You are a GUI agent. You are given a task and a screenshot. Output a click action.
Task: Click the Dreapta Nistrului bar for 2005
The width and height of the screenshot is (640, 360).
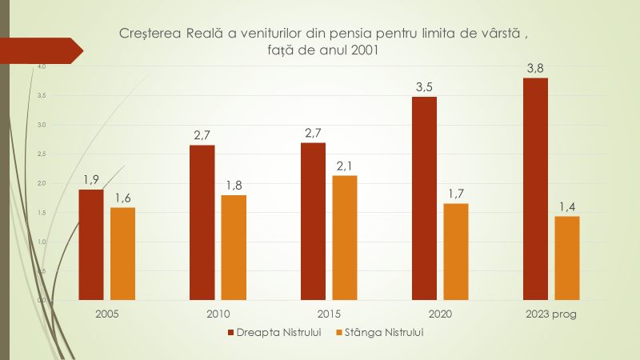pos(91,245)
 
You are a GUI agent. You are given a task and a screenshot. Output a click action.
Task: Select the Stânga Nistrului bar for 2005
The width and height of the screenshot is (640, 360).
pos(122,254)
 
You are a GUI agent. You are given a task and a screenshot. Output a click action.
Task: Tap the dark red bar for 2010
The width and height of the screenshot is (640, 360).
pos(202,222)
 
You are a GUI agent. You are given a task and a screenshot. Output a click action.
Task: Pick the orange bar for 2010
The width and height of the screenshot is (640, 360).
pos(234,247)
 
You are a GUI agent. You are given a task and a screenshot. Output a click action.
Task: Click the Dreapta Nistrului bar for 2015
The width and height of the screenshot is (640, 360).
pos(314,222)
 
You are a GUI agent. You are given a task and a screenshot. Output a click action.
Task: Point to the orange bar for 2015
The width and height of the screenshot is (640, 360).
pos(345,238)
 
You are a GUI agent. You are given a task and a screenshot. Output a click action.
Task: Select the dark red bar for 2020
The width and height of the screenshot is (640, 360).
pos(425,198)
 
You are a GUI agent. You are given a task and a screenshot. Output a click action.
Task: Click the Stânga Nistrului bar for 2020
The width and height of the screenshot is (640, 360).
pos(456,251)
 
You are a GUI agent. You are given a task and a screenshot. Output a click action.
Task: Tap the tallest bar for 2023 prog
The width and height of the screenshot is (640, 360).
pos(535,189)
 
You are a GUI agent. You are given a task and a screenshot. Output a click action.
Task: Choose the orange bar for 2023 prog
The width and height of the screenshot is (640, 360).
pos(566,258)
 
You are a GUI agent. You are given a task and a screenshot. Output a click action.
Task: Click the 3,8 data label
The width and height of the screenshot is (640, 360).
pos(535,69)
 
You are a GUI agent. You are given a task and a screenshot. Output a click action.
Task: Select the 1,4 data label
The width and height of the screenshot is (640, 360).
pos(566,206)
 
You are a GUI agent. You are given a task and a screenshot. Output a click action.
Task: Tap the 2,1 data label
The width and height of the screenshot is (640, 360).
pos(345,166)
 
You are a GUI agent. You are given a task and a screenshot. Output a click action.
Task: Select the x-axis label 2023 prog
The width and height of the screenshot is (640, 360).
pos(551,314)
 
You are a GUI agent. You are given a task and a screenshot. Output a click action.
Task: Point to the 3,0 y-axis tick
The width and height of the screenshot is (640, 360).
pos(42,126)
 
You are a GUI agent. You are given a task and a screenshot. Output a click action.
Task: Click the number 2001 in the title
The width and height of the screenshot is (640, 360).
pos(364,50)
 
